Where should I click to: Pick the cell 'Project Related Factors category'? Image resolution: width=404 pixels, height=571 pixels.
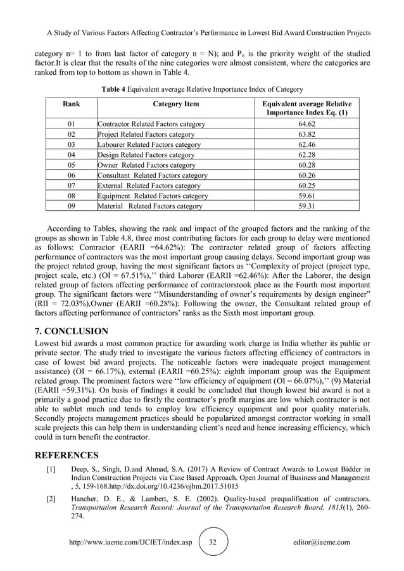[146, 135]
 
